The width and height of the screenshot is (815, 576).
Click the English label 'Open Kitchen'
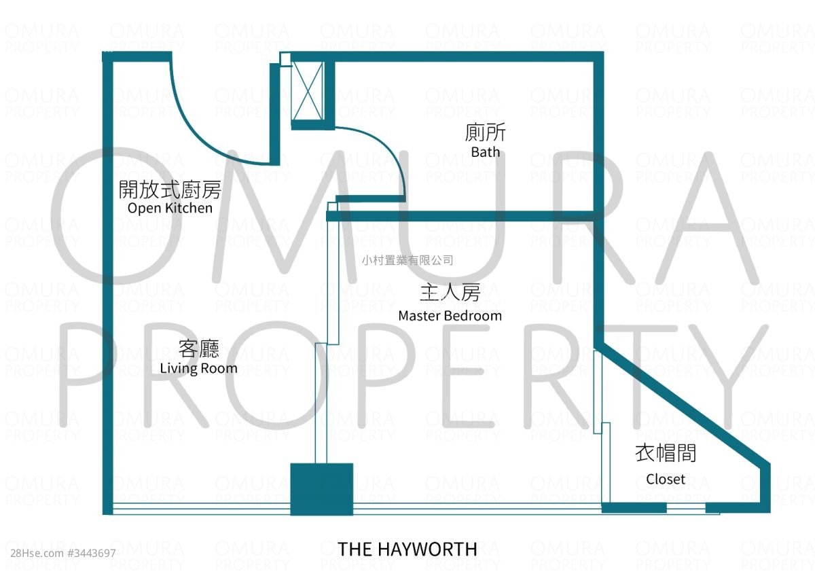coord(170,208)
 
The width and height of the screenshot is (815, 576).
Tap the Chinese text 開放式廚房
coord(170,190)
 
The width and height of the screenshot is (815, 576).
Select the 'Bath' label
coord(486,151)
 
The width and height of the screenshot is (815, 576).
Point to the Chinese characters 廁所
coord(486,132)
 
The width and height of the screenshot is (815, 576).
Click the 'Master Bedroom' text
coord(450,315)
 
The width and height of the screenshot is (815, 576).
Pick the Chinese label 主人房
coord(450,293)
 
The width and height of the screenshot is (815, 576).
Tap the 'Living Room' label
coord(198,368)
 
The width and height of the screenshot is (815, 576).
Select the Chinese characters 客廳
coord(198,348)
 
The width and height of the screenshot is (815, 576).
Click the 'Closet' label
coord(666,479)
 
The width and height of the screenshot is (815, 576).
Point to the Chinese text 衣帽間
coord(666,453)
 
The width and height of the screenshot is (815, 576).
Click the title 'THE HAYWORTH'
coord(407,549)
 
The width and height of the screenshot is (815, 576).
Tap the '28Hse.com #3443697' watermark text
coord(63,554)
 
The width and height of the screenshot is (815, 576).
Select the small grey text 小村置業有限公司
coord(407,260)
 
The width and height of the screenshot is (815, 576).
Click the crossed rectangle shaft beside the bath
coord(308,91)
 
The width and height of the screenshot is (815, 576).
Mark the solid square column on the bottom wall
coord(322,489)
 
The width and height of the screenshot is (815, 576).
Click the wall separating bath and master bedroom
coord(460,216)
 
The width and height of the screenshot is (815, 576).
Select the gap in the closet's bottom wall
coord(686,508)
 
